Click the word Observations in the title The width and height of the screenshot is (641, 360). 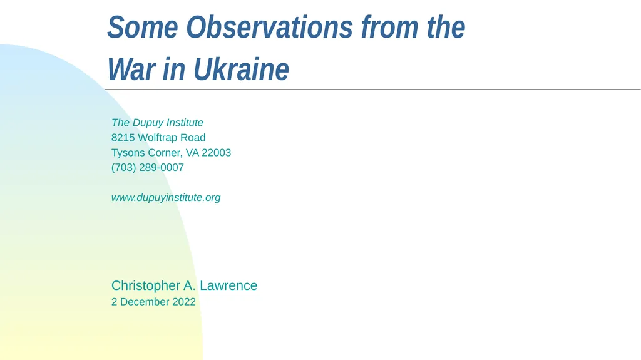271,28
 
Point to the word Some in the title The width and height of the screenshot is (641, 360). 143,28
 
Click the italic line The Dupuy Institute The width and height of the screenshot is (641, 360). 157,123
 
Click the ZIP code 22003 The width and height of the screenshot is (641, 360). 216,153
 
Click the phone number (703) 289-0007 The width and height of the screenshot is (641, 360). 148,168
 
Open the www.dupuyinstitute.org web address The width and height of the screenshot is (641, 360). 166,198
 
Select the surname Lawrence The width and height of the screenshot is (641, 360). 228,285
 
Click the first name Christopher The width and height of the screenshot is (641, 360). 146,285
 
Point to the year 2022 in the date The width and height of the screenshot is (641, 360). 184,302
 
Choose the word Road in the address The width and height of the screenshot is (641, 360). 193,138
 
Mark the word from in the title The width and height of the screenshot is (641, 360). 382,28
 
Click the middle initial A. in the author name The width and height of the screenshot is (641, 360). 190,285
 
